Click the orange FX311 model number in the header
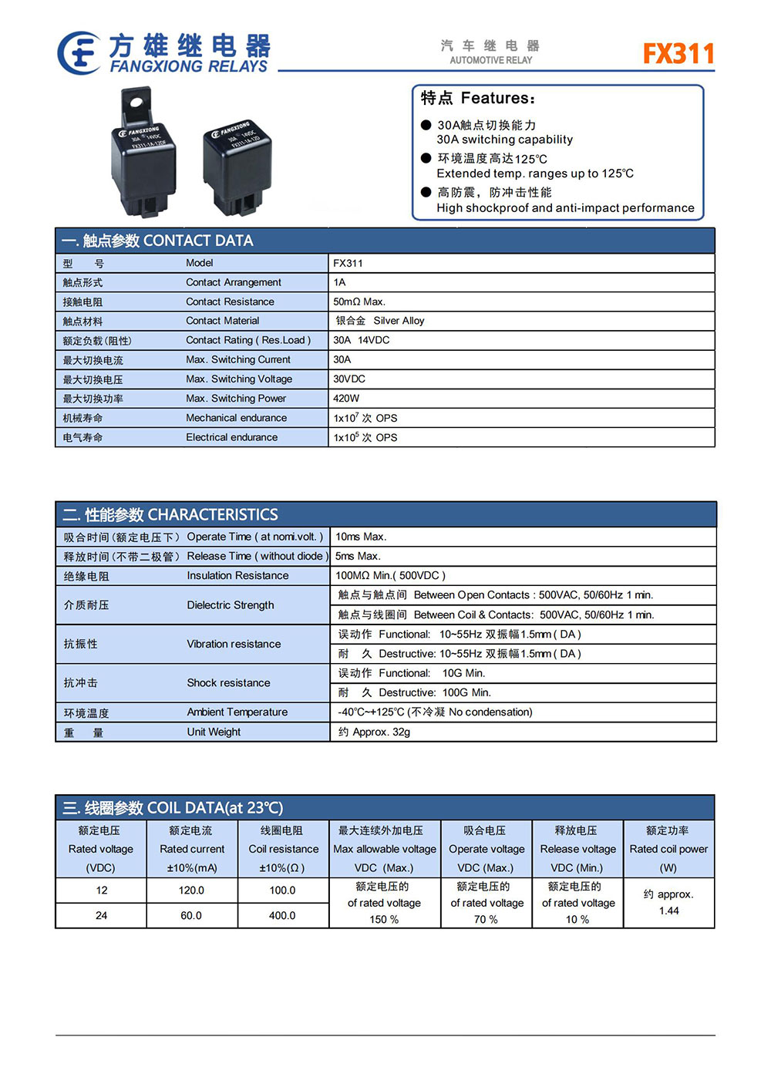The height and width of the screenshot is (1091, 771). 678,53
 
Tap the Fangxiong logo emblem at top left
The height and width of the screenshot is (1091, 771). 79,53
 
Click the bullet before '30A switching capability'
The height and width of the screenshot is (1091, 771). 426,125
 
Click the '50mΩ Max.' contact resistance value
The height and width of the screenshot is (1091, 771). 359,301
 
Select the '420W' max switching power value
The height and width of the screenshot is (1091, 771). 346,399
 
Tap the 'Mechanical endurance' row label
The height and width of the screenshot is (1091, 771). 236,418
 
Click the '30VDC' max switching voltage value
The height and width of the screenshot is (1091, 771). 349,379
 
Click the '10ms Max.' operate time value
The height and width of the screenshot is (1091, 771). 361,537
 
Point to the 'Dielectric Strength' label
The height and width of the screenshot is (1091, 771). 230,605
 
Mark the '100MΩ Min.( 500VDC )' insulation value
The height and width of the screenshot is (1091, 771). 390,575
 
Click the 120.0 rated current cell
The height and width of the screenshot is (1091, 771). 191,890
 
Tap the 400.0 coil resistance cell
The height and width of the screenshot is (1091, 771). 282,915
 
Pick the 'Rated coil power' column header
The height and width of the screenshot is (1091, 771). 668,849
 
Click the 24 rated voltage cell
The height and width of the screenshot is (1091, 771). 101,915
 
